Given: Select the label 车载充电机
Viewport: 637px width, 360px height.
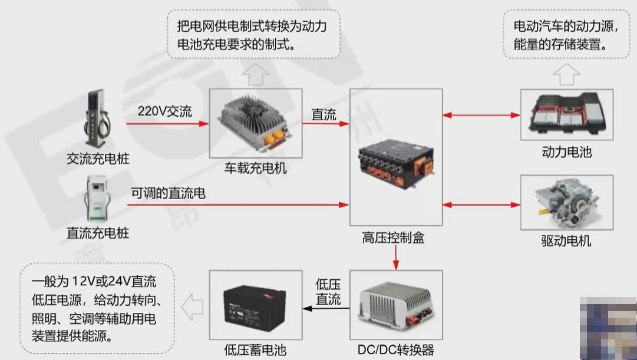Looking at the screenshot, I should (x=256, y=168).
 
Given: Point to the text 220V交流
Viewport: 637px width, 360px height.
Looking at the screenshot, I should (x=165, y=111).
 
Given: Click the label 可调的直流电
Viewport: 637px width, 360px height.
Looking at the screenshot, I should (x=168, y=193).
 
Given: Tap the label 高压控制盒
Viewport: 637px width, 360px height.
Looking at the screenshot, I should (x=393, y=239).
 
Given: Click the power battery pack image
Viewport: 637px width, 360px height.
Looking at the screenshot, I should (x=566, y=114).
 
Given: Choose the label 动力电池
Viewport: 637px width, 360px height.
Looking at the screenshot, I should (x=566, y=152).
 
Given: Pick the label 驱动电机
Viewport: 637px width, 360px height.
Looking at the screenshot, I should (x=566, y=240).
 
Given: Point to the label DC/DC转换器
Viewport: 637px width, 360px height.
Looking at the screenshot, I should (x=395, y=350).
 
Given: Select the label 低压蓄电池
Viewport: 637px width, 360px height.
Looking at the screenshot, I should (x=255, y=350).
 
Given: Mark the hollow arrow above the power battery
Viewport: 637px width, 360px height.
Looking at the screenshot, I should (x=566, y=75).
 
